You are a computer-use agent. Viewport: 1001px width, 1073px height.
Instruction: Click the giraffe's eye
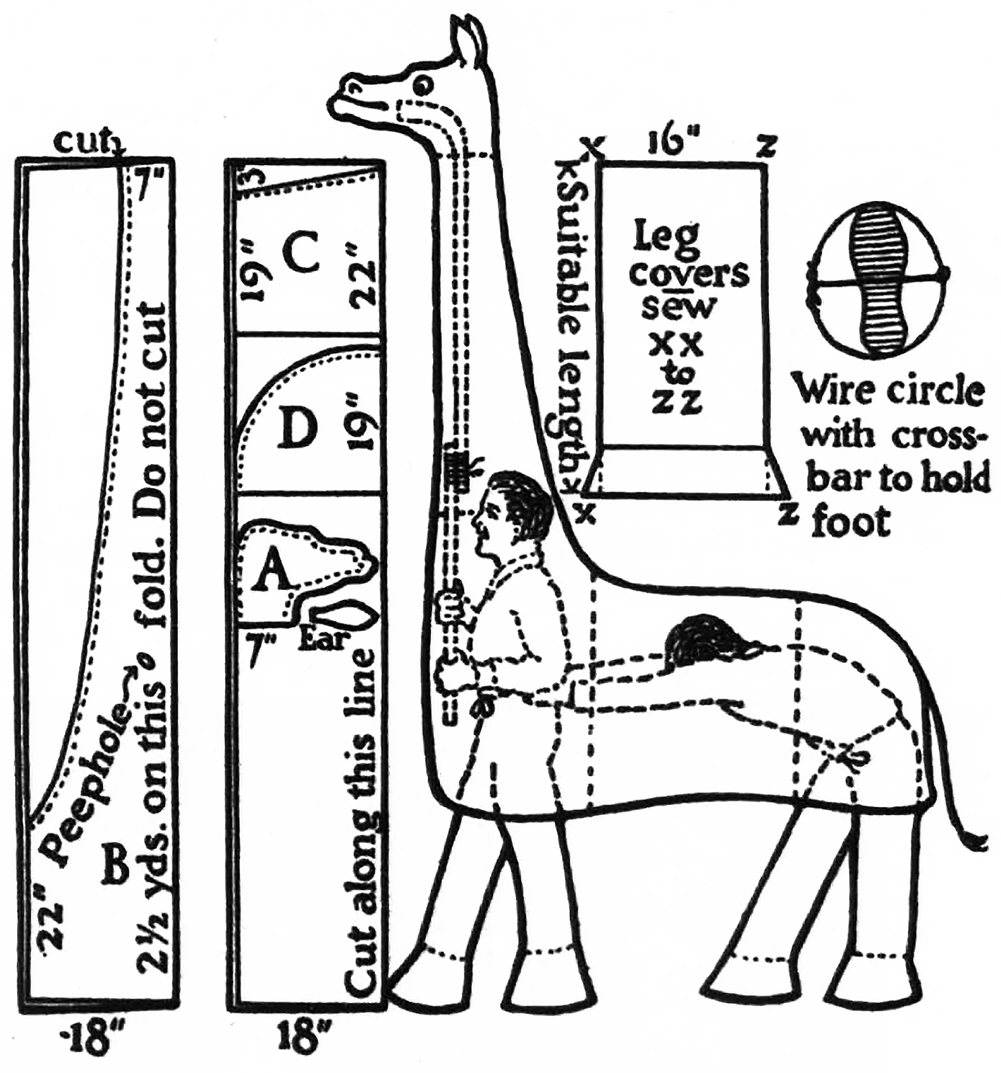tap(422, 85)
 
